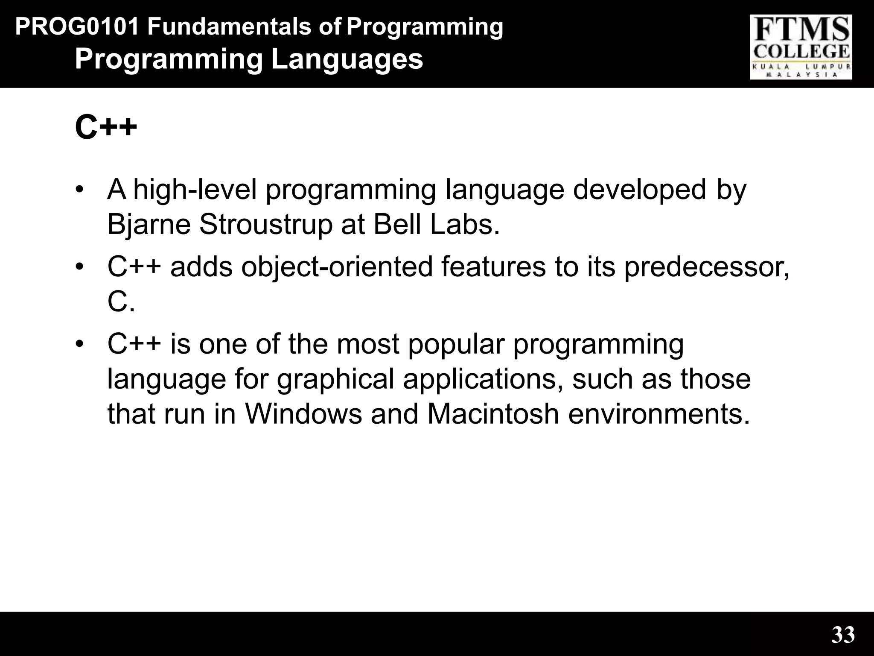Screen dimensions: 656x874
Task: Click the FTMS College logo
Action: pyautogui.click(x=801, y=47)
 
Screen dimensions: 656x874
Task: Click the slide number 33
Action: pyautogui.click(x=843, y=635)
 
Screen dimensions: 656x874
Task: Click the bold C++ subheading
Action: pyautogui.click(x=106, y=127)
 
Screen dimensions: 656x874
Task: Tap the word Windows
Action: pyautogui.click(x=303, y=414)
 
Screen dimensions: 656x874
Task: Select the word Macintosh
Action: pyautogui.click(x=493, y=414)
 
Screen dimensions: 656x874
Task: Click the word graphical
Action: pyautogui.click(x=335, y=380)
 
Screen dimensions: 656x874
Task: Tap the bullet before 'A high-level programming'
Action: pyautogui.click(x=79, y=189)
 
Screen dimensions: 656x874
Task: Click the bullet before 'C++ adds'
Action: pyautogui.click(x=79, y=267)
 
